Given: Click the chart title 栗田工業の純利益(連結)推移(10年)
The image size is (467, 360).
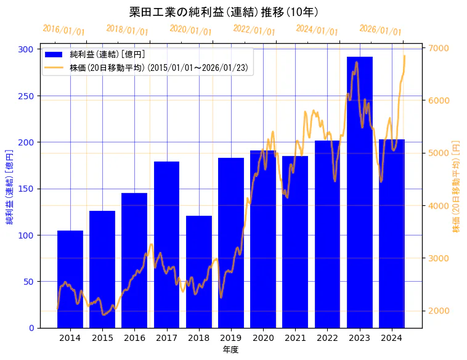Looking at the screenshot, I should (224, 12).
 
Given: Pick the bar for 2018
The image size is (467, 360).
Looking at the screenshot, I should (199, 271).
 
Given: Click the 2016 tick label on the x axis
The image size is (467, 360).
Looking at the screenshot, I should (134, 338).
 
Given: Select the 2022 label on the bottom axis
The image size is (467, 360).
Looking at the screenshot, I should (327, 338).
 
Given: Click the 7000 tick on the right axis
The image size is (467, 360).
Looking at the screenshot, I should (439, 48).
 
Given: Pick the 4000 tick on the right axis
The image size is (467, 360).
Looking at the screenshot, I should (439, 206).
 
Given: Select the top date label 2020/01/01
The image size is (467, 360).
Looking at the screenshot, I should (190, 30).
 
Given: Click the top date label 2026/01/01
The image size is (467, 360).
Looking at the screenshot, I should (380, 30).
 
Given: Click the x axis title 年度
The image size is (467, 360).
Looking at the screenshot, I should (230, 350).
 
